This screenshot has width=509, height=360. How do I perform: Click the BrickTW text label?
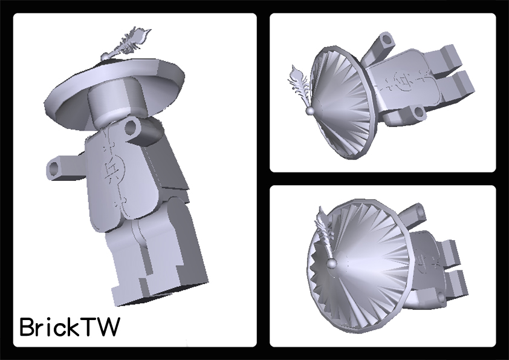click(x=70, y=327)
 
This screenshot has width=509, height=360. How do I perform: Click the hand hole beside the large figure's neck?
click(x=131, y=128)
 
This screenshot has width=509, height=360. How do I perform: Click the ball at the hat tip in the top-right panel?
click(x=310, y=111)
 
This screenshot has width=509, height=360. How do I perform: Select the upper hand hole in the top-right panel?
click(x=386, y=40)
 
